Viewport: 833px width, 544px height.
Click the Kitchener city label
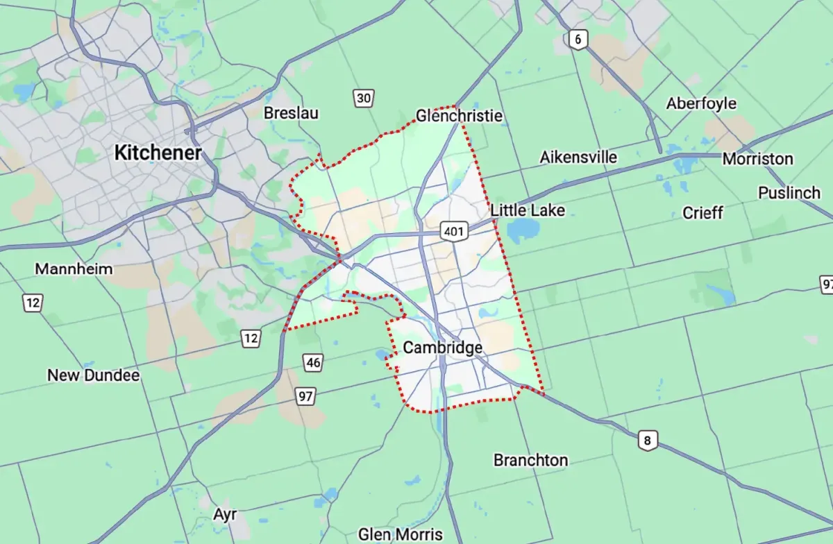coord(158,153)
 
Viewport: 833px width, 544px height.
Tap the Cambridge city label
coord(442,348)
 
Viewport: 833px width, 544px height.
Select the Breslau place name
coord(291,113)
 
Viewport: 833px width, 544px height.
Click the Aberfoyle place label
coord(701,103)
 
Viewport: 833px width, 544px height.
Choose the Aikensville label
coord(578,158)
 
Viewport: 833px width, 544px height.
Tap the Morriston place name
coord(757,159)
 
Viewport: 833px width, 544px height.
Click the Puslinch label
coord(789,192)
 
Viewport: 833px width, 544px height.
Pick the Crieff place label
coord(702,212)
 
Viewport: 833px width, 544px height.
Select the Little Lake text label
coord(528,210)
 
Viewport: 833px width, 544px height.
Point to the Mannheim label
coord(74,269)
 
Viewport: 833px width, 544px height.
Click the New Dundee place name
coord(93,375)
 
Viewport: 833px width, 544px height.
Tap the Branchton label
coord(530,460)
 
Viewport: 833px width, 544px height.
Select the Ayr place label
coord(225,515)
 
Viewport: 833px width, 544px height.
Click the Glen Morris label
coord(400,534)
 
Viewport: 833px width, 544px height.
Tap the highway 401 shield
coord(454,230)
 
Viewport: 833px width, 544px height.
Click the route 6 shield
coord(577,39)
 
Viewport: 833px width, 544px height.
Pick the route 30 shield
coord(363,99)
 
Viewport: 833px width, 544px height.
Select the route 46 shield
coord(313,362)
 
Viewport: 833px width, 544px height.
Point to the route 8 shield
coord(648,440)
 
